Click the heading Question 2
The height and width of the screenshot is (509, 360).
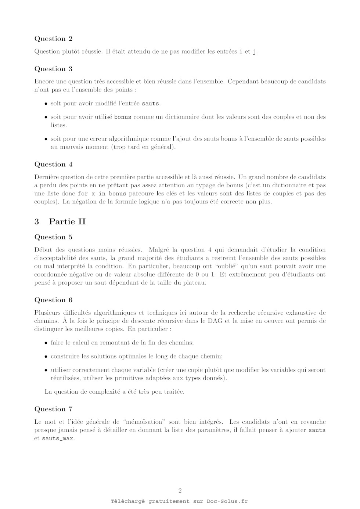[53, 39]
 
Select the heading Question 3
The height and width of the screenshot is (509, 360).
[53, 69]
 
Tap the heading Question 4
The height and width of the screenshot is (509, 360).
[53, 165]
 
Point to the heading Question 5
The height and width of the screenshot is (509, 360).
[53, 237]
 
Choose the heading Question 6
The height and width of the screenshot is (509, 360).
[53, 300]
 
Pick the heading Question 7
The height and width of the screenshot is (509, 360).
[53, 409]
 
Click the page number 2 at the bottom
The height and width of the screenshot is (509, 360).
[180, 491]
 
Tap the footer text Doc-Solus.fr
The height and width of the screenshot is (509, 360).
[227, 501]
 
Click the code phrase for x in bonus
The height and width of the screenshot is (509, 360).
[102, 194]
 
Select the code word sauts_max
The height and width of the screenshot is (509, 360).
[58, 438]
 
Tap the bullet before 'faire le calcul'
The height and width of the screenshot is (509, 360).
[46, 343]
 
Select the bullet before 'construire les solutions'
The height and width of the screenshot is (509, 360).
[46, 357]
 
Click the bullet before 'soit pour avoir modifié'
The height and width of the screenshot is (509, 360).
[46, 104]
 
